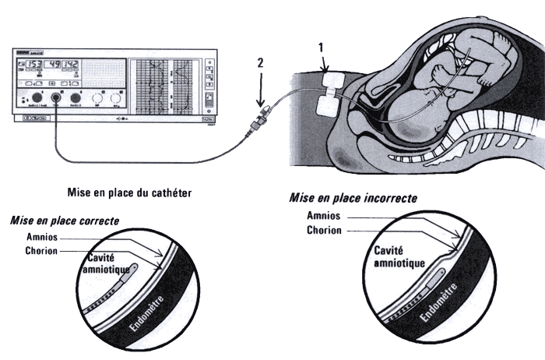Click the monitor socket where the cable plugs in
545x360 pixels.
(56, 99)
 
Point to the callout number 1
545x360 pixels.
(321, 48)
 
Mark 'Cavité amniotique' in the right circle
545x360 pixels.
(399, 258)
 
